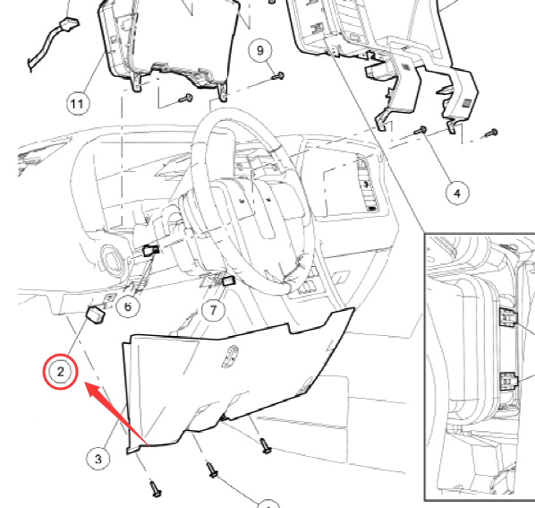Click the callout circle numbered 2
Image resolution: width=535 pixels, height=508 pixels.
click(x=61, y=372)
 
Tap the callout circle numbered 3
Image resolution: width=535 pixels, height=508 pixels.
click(x=98, y=459)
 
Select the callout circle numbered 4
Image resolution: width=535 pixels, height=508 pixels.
click(x=457, y=194)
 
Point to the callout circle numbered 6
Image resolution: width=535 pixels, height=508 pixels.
click(x=128, y=306)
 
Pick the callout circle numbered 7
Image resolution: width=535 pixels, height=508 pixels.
click(x=213, y=310)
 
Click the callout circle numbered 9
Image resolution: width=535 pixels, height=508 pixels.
click(x=260, y=50)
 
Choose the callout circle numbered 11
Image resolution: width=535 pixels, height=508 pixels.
click(x=78, y=104)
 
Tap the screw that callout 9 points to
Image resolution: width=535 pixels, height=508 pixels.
click(x=278, y=76)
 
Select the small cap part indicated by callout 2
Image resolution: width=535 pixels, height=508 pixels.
click(x=96, y=314)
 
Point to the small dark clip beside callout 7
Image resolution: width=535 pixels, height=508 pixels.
click(x=228, y=280)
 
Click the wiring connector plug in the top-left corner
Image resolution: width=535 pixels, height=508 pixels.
click(x=70, y=24)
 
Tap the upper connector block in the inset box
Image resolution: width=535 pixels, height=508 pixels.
click(x=508, y=317)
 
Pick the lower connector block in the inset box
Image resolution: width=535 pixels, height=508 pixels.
click(x=508, y=381)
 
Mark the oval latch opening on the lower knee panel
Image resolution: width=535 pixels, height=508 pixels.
click(x=231, y=357)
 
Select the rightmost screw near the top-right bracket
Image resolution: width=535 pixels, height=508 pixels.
click(x=492, y=133)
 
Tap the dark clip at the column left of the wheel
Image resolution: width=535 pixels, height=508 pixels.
click(x=150, y=250)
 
